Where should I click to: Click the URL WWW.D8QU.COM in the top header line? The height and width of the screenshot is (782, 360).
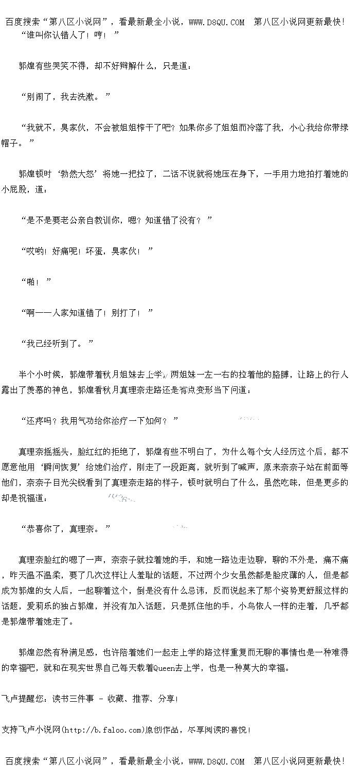(x=217, y=22)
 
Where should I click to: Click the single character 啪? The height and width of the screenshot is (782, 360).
(x=31, y=281)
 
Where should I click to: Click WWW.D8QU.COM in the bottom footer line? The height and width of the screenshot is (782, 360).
(x=217, y=761)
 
